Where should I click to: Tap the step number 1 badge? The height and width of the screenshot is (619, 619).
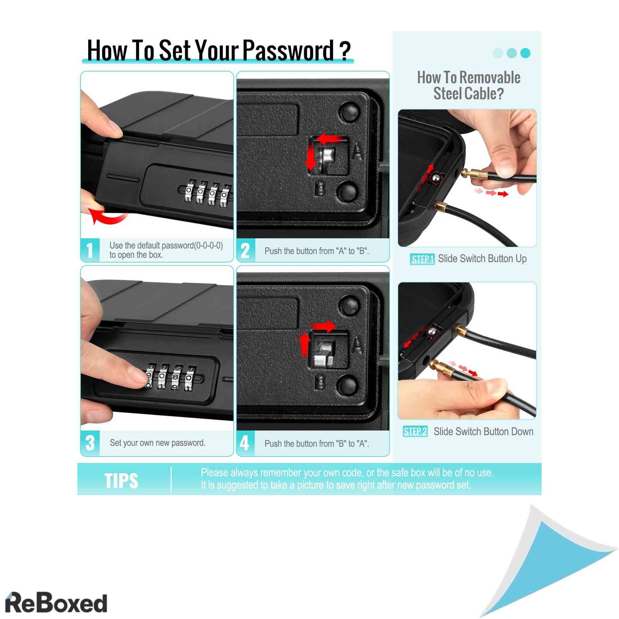pyautogui.click(x=90, y=250)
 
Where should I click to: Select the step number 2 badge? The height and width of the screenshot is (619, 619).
pyautogui.click(x=246, y=250)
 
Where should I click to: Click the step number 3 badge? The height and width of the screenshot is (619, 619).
pyautogui.click(x=90, y=443)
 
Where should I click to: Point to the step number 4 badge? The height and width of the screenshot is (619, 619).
pyautogui.click(x=246, y=443)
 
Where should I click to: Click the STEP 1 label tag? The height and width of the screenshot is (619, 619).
pyautogui.click(x=422, y=259)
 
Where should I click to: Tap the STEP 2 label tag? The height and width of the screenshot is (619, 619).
pyautogui.click(x=415, y=432)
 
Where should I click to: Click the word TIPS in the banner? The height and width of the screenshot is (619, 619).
pyautogui.click(x=121, y=481)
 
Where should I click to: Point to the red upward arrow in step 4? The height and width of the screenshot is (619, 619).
pyautogui.click(x=305, y=344)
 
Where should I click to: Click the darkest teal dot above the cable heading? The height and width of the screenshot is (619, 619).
pyautogui.click(x=525, y=53)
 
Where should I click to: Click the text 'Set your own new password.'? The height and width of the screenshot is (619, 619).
pyautogui.click(x=157, y=443)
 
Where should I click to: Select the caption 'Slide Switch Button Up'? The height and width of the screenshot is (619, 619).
pyautogui.click(x=482, y=259)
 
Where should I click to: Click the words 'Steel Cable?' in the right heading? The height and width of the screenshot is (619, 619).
pyautogui.click(x=469, y=94)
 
